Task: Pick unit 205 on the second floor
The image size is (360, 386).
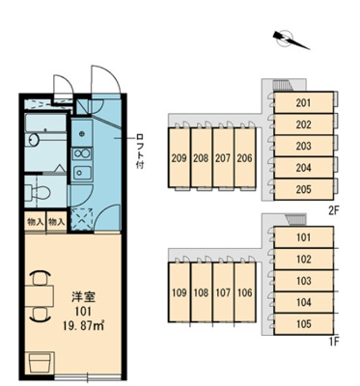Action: (303, 187)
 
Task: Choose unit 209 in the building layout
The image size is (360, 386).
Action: (179, 158)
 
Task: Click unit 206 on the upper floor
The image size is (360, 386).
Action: (245, 158)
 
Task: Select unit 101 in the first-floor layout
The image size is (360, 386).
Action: (303, 237)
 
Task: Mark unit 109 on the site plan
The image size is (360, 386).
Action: (179, 292)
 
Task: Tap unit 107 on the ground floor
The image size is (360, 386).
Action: (223, 292)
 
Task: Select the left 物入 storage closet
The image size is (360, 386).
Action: (35, 222)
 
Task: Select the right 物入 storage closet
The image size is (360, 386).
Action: (57, 222)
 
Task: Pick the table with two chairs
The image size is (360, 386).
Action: (40, 297)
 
